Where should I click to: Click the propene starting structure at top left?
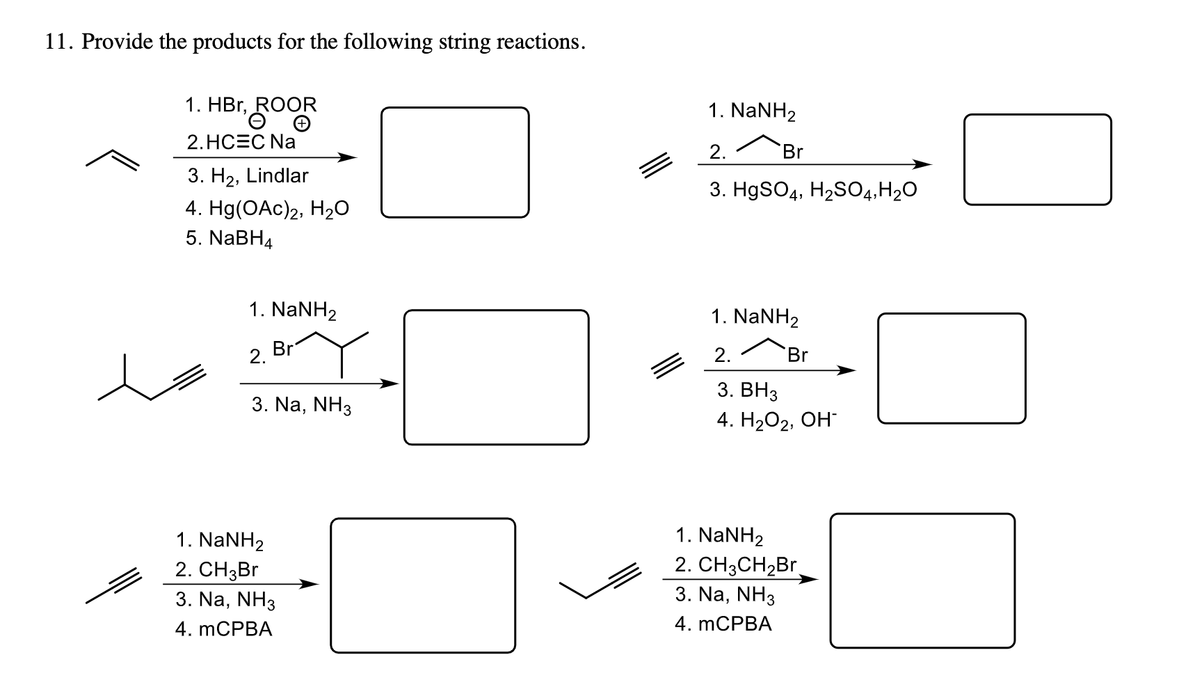113,160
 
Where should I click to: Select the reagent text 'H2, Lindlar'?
258,176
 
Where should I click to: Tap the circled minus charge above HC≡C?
257,123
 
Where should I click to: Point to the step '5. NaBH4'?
229,239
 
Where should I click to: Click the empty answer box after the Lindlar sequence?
454,162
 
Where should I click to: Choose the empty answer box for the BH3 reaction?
951,368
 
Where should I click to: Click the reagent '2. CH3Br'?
216,570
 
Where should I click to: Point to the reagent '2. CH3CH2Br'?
735,564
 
